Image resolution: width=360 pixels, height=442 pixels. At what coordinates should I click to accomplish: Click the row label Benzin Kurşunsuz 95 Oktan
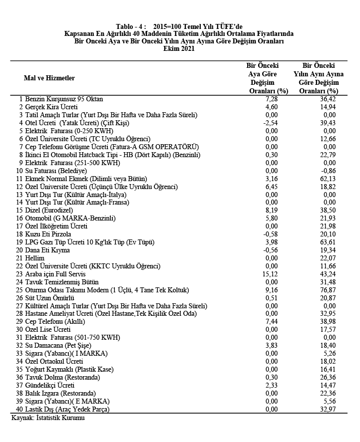click(64, 99)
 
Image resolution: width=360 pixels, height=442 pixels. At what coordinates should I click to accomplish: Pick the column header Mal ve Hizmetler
click(49, 78)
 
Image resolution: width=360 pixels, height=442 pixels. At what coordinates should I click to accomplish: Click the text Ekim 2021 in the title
click(179, 49)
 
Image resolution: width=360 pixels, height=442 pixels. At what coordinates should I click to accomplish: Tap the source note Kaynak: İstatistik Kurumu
click(48, 418)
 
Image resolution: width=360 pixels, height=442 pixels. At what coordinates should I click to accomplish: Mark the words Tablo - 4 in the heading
click(131, 26)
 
